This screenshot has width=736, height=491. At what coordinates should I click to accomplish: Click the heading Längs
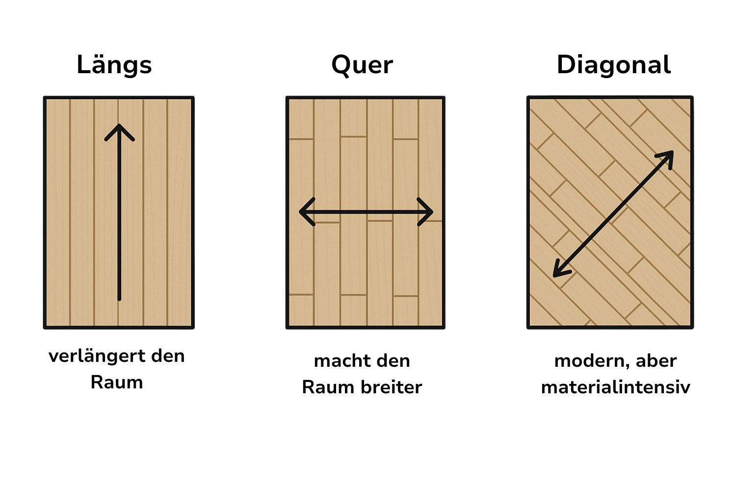point(114,65)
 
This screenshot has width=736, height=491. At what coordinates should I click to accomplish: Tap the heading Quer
point(362,65)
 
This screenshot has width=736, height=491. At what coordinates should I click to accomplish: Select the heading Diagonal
point(613,65)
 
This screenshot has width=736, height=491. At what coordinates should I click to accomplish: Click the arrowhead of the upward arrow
point(119,129)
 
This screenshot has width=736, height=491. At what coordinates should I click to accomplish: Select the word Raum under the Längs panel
point(117,382)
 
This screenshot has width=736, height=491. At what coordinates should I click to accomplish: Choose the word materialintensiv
point(615,387)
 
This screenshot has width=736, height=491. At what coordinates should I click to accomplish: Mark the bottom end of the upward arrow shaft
point(119,298)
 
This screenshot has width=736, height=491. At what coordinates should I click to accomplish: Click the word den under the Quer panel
point(394,361)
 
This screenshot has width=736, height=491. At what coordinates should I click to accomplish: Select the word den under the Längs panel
point(168,356)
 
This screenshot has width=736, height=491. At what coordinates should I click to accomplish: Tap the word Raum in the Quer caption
point(328,387)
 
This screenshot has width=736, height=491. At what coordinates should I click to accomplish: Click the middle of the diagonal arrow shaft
point(613,214)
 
